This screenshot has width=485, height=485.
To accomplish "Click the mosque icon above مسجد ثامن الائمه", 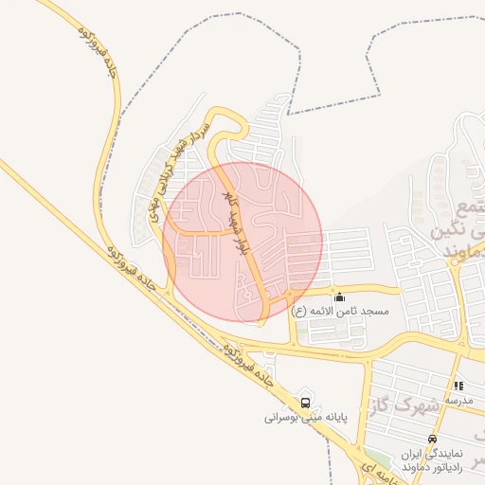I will click(x=339, y=297).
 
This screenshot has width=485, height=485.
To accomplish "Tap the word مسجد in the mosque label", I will click(x=372, y=312).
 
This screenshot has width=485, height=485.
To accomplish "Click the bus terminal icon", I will click(x=304, y=400).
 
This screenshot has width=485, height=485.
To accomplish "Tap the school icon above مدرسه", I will click(x=459, y=386).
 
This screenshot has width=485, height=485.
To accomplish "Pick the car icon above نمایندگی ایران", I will click(x=433, y=439).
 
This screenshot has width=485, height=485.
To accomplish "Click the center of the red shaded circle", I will click(x=243, y=242).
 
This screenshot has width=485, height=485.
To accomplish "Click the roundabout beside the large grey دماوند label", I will click(x=461, y=272).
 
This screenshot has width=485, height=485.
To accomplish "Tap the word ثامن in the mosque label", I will click(x=345, y=312).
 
